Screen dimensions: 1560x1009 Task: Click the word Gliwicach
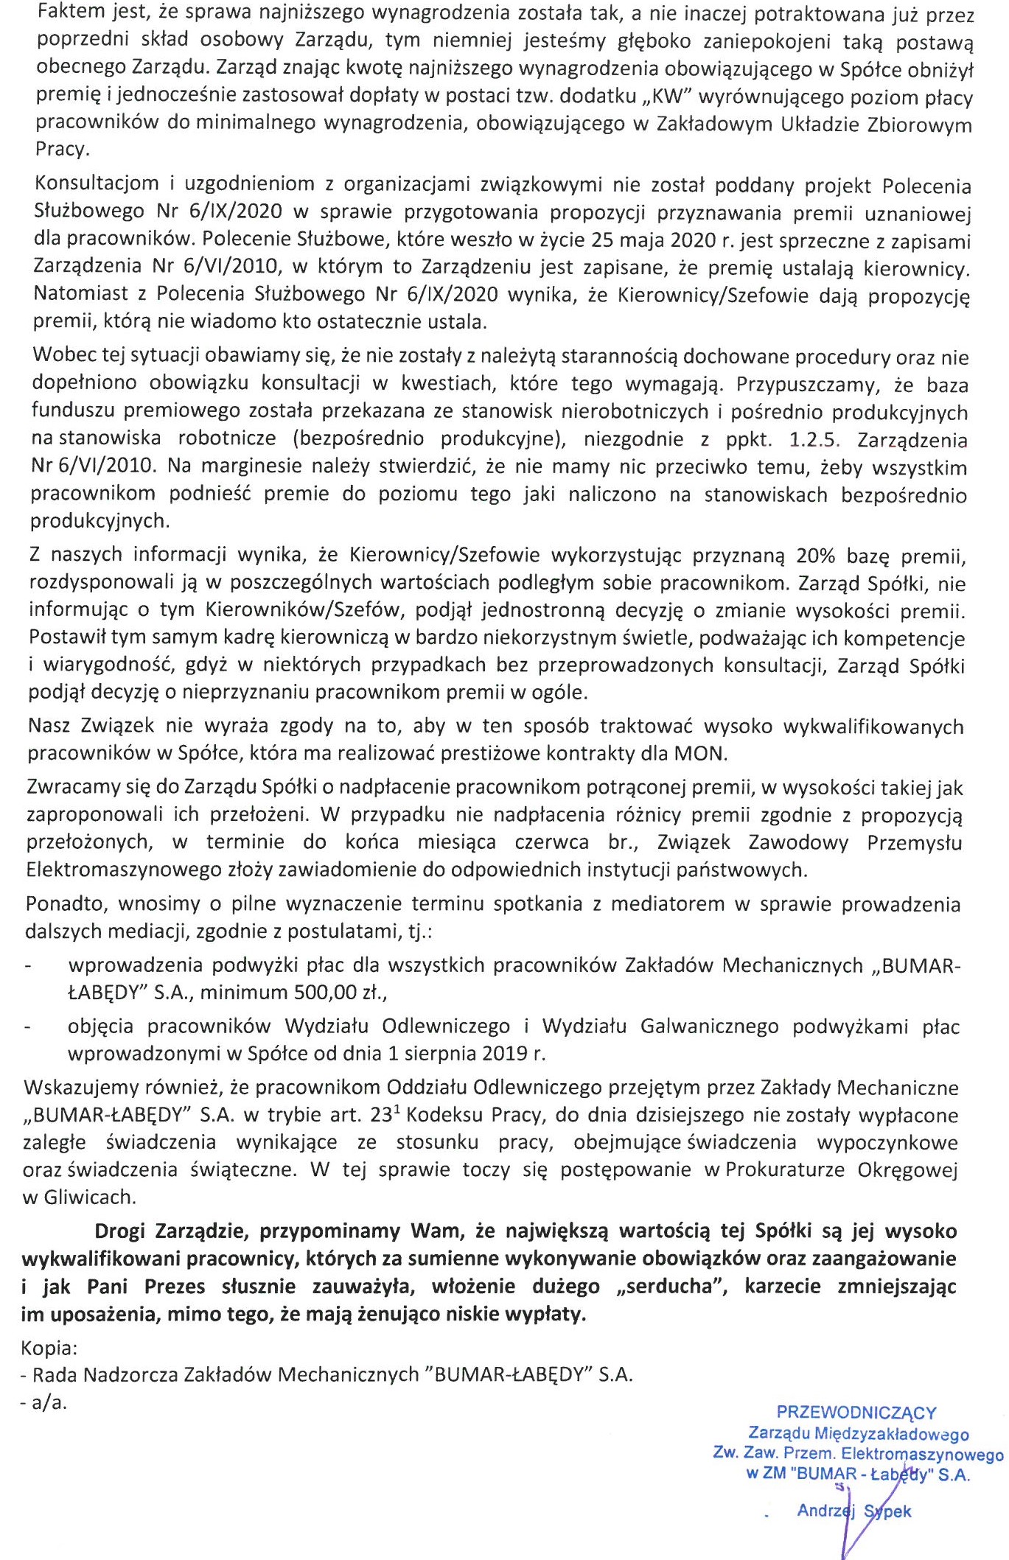click(89, 1197)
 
